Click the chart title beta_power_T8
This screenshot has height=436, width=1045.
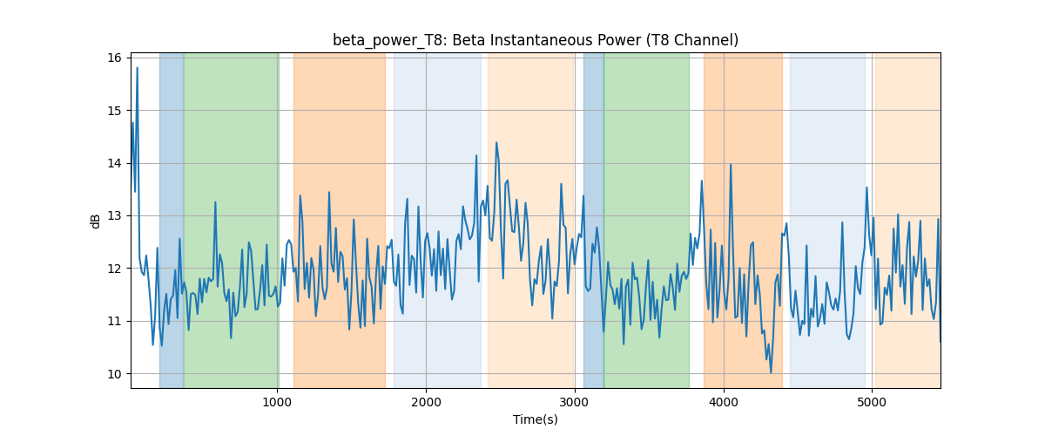point(389,41)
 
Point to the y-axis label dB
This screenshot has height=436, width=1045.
point(95,221)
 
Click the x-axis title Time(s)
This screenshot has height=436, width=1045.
point(535,419)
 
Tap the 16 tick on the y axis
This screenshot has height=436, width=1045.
point(115,58)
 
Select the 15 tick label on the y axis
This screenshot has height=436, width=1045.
point(115,111)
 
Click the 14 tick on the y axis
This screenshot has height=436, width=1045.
point(115,164)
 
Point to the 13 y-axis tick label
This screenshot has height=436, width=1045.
point(115,216)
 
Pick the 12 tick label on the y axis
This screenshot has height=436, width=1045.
point(115,269)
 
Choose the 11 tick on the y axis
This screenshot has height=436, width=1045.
point(115,322)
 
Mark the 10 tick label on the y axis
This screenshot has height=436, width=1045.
point(115,374)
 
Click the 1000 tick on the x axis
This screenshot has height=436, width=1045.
point(277,402)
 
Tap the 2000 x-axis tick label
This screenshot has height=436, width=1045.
point(426,402)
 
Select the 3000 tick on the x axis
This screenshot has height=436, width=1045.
point(575,402)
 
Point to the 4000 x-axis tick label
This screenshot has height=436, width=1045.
point(724,402)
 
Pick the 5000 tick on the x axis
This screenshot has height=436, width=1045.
point(872,402)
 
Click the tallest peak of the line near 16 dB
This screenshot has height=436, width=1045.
point(138,68)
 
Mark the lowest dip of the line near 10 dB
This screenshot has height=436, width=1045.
point(771,373)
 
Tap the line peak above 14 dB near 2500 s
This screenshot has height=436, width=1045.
point(496,142)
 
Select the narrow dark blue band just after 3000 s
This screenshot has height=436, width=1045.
point(593,221)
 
